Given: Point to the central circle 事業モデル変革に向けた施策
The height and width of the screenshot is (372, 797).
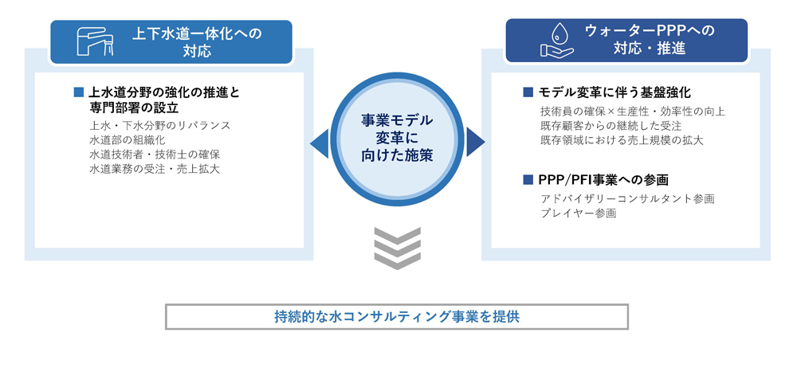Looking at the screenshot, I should tap(397, 138).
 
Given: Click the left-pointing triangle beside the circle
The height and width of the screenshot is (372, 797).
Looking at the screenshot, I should tap(320, 143).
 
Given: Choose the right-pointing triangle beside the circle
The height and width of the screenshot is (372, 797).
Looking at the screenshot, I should tap(474, 143).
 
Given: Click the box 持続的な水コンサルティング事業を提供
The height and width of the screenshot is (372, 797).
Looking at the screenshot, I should tap(397, 316).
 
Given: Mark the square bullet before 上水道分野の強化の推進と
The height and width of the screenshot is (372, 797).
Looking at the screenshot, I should tap(78, 92).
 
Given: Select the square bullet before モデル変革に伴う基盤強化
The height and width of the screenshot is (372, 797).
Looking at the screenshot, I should tap(528, 92).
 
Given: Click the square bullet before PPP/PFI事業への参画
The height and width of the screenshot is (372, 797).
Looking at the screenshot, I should tap(528, 179).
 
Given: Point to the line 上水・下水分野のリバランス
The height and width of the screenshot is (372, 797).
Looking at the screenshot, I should tap(160, 126).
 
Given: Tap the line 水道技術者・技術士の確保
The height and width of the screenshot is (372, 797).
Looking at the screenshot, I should tap(155, 155).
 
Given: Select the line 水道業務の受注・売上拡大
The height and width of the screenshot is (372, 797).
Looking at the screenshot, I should tap(155, 169).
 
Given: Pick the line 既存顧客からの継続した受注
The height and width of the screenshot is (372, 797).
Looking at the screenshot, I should tap(611, 126).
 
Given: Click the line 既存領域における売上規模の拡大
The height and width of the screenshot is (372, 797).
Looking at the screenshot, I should tap(621, 140).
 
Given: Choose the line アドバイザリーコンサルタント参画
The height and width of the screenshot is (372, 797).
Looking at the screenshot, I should tap(627, 198).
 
